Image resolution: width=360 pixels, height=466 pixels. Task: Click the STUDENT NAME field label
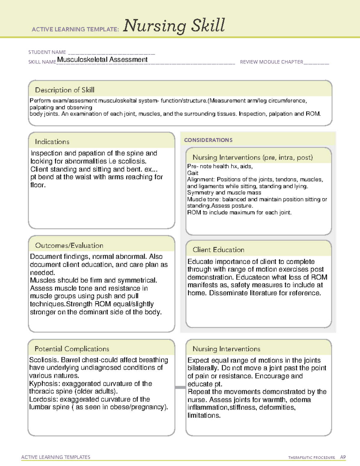point(47,52)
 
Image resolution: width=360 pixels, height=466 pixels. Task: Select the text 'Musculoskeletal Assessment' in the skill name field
point(102,59)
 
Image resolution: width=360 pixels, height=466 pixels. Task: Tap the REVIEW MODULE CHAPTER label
point(271,62)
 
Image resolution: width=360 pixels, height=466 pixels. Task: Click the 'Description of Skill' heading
point(64,90)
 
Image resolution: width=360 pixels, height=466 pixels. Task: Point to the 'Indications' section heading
point(52,142)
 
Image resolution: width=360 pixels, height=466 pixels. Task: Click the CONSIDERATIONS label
point(208,140)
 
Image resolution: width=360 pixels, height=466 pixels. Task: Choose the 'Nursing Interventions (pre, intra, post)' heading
point(253,158)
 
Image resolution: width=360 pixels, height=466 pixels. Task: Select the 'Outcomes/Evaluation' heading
point(69,245)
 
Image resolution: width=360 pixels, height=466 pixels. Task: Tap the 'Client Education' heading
point(218,250)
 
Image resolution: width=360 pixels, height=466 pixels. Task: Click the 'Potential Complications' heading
point(72,349)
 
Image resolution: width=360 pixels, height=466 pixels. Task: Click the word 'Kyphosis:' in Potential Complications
point(44,383)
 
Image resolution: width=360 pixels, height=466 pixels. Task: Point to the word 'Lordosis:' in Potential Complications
point(43,399)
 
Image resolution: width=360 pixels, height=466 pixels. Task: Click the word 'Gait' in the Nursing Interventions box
point(193,173)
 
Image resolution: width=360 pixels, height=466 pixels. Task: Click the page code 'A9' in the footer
point(343,457)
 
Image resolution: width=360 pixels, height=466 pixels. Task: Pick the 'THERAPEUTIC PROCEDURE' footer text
point(311,458)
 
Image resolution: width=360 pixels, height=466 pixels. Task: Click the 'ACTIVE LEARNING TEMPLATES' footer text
point(56,457)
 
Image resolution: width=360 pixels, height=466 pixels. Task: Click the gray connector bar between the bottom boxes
point(180,387)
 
